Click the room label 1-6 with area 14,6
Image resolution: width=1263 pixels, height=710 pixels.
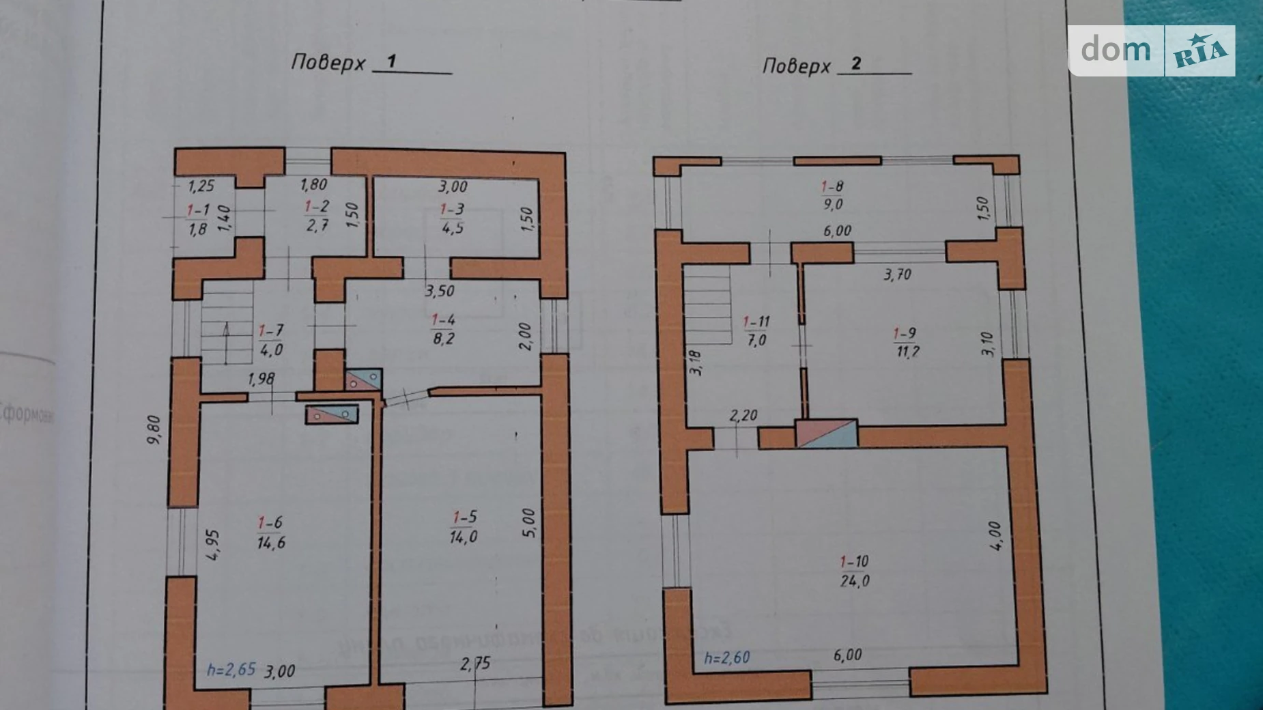[x=270, y=533]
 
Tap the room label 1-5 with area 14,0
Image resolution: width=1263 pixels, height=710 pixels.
[x=464, y=527]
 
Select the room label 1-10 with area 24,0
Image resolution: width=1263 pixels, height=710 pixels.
[x=854, y=571]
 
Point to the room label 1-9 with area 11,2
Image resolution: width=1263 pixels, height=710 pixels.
[x=906, y=343]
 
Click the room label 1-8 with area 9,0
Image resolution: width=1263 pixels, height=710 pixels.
[x=832, y=195]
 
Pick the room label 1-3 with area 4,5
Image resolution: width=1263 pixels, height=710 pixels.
[x=452, y=218]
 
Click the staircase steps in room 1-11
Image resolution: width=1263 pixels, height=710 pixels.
[x=708, y=305]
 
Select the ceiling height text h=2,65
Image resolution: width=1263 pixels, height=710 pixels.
[x=231, y=669]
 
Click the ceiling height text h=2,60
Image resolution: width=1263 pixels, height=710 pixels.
[x=727, y=657]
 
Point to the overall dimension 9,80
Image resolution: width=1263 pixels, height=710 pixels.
[x=154, y=430]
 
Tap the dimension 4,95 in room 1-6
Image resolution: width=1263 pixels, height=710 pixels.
[x=213, y=545]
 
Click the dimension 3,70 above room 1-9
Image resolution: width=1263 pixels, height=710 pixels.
[x=897, y=274]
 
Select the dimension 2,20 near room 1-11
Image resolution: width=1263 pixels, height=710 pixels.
[x=743, y=415]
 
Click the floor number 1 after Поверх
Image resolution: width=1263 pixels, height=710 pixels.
[x=392, y=61]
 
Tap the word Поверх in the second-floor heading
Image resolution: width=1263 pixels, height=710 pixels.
[x=796, y=66]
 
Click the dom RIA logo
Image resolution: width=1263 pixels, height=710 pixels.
[x=1151, y=51]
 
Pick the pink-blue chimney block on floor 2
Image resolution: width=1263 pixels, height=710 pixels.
[x=826, y=434]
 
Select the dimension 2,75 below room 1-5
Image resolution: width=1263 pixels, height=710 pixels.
[x=475, y=664]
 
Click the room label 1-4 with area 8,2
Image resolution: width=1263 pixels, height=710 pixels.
[x=443, y=329]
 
